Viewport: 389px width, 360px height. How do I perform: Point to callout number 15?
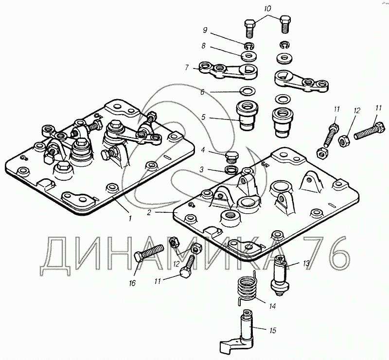coord(273,330)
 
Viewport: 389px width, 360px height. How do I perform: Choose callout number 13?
coord(305,264)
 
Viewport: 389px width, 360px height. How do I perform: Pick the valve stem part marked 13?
coord(280,274)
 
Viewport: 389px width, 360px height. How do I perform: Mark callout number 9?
coord(206,30)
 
